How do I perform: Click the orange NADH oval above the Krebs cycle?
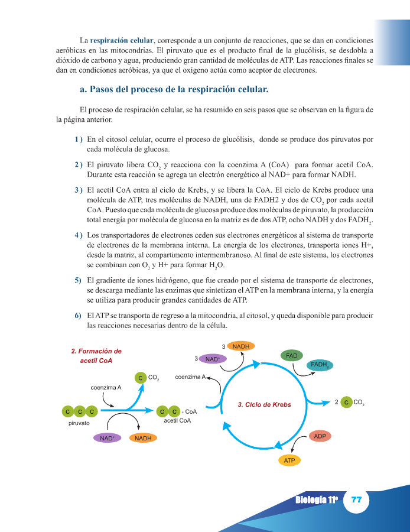pyautogui.click(x=240, y=346)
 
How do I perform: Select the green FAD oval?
pyautogui.click(x=292, y=356)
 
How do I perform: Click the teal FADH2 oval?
pyautogui.click(x=319, y=365)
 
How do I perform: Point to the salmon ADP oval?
pyautogui.click(x=320, y=436)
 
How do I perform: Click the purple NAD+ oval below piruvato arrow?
pyautogui.click(x=107, y=438)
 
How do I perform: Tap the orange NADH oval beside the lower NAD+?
pyautogui.click(x=143, y=438)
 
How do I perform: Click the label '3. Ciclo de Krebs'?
pyautogui.click(x=264, y=405)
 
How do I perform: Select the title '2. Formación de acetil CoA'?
pyautogui.click(x=96, y=355)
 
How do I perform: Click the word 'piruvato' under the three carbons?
pyautogui.click(x=79, y=424)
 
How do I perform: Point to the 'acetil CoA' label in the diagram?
pyautogui.click(x=177, y=421)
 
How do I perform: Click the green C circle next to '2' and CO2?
pyautogui.click(x=347, y=403)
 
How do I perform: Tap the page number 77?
pyautogui.click(x=356, y=499)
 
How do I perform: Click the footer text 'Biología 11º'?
pyautogui.click(x=316, y=500)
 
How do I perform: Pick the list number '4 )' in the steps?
pyautogui.click(x=78, y=235)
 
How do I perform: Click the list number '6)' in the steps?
pyautogui.click(x=78, y=315)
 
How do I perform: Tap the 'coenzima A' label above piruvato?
pyautogui.click(x=106, y=388)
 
